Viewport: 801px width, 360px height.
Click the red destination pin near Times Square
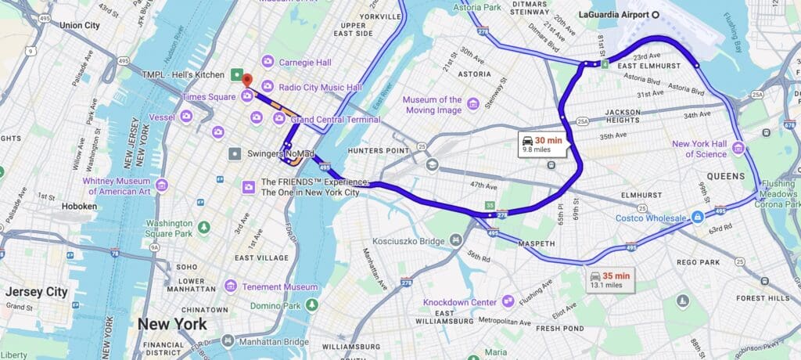tap(246, 79)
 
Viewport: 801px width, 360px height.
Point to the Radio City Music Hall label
tap(320, 87)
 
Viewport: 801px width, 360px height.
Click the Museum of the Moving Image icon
tap(472, 104)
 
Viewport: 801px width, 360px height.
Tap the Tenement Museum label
tap(279, 287)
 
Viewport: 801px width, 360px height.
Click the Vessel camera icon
tap(186, 116)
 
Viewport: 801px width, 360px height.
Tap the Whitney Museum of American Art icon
tap(162, 185)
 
